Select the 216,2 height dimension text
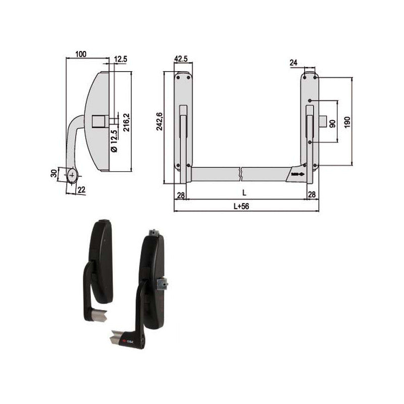[x=127, y=122]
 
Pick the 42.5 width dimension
[x=181, y=59]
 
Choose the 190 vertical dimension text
[x=346, y=122]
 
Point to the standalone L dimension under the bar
[x=244, y=193]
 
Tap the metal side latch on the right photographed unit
[x=163, y=285]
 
